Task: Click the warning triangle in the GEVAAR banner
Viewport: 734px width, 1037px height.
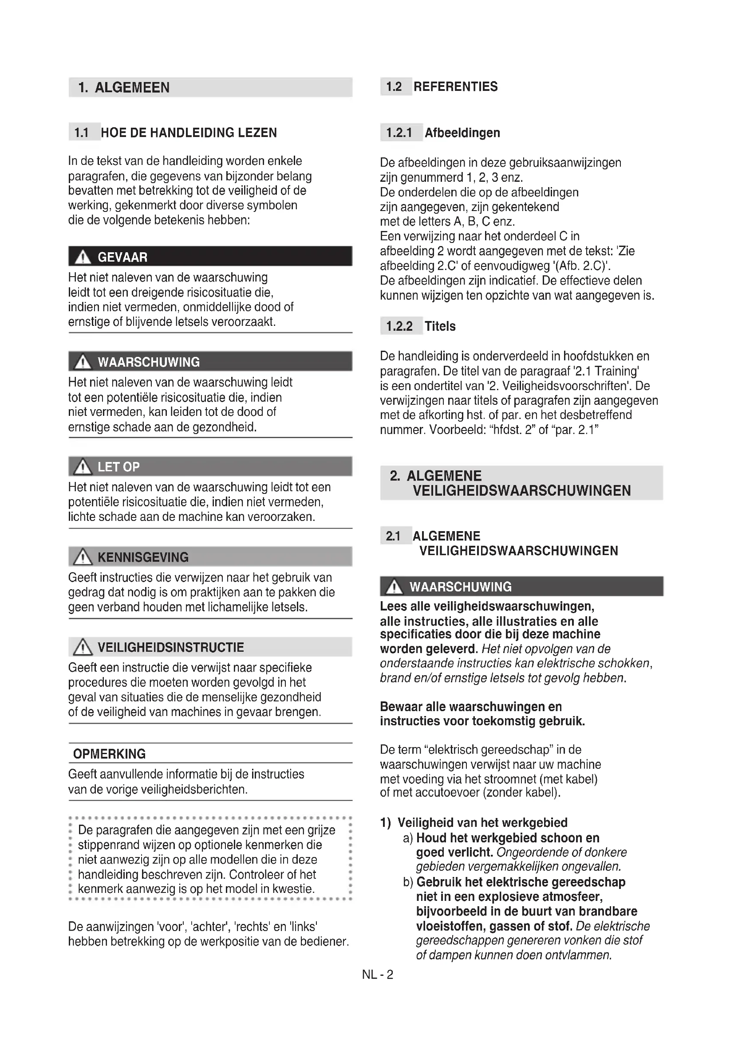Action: (83, 258)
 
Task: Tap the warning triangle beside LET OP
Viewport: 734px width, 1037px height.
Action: (83, 467)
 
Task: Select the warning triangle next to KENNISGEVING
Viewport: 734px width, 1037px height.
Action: (83, 557)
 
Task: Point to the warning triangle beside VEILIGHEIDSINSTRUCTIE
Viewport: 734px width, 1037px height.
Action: (83, 648)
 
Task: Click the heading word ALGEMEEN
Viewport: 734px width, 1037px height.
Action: (132, 88)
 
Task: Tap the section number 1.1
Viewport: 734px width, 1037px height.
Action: (81, 133)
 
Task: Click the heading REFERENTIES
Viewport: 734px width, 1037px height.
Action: (456, 87)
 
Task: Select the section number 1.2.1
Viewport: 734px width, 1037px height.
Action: (399, 133)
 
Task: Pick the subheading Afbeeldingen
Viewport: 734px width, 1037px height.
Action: (462, 133)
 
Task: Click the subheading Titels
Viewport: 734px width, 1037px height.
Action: (440, 326)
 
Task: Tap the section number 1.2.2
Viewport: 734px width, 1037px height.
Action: (399, 326)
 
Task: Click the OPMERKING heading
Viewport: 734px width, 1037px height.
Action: (109, 754)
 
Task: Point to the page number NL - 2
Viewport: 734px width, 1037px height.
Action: (377, 974)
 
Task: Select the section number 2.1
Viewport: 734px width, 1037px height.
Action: (393, 536)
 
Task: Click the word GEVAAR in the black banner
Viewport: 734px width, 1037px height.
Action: (122, 258)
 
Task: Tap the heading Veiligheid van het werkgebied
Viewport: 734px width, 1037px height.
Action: (482, 822)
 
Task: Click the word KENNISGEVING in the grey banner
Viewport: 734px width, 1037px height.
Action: (143, 557)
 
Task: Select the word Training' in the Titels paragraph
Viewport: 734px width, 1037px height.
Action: (616, 371)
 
